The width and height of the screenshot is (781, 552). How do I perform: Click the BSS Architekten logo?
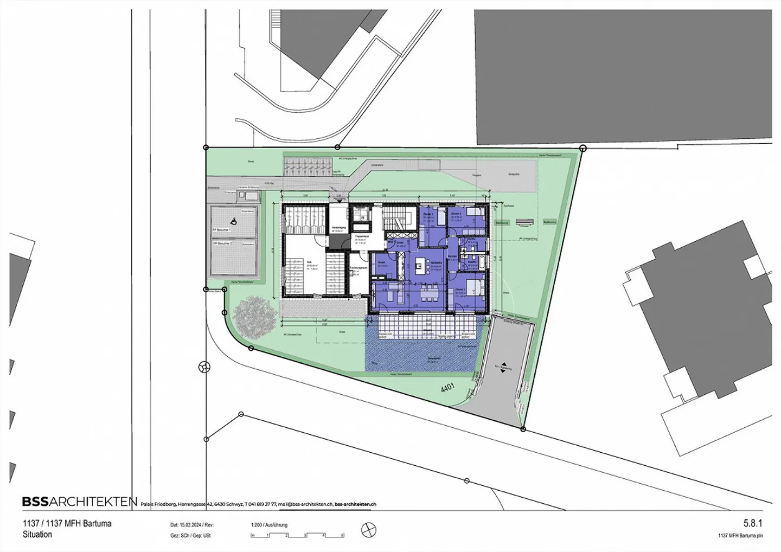point(79,502)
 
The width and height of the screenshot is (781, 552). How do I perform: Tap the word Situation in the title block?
point(37,535)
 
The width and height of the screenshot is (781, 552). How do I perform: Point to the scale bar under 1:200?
point(297,536)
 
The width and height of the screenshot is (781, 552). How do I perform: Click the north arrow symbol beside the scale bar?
point(368,530)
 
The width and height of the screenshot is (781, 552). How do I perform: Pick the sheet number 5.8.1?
point(753,523)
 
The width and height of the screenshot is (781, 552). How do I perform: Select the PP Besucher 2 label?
point(222,244)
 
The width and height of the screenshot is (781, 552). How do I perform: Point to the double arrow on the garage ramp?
point(503,367)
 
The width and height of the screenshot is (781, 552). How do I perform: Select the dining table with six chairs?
point(431,293)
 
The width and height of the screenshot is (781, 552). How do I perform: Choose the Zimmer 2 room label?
point(456,215)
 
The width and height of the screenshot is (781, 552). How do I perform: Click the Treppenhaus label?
point(362,237)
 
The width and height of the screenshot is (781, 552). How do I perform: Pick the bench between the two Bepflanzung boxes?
point(524,221)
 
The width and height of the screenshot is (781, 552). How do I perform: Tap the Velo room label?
point(309,262)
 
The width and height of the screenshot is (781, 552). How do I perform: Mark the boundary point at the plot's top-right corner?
point(583,147)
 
